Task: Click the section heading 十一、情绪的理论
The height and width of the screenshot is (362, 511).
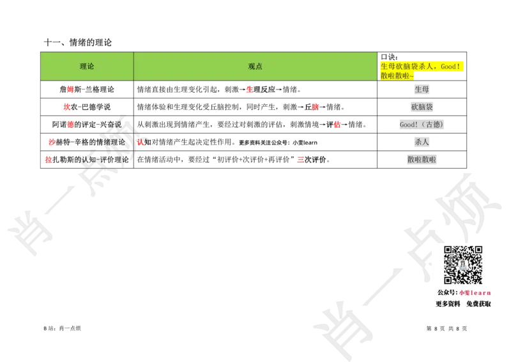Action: [x=77, y=42]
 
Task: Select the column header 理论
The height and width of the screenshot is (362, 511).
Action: [x=87, y=67]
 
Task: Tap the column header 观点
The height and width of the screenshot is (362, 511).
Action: [x=255, y=67]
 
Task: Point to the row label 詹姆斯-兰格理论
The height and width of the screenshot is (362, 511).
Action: [x=87, y=89]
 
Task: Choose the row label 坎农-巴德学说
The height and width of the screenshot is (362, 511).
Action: [x=87, y=107]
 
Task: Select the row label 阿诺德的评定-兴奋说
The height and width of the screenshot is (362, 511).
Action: [x=87, y=124]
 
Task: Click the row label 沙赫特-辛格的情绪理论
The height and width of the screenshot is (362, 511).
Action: [x=87, y=142]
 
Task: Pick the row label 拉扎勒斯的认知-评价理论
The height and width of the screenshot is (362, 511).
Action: [x=87, y=160]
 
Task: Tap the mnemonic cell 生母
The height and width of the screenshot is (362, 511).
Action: [x=422, y=89]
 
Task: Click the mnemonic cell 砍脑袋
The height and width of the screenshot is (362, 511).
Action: [x=422, y=107]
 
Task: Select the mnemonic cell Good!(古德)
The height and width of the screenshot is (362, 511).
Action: [x=422, y=124]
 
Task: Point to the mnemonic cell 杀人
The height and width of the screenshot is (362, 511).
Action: [x=422, y=142]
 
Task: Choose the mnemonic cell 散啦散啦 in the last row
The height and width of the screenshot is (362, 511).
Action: [x=422, y=160]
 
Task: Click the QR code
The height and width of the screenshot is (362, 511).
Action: [x=462, y=265]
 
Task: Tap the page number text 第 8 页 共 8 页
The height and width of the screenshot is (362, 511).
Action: [x=446, y=328]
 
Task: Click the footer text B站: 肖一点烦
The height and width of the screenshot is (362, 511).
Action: [x=62, y=328]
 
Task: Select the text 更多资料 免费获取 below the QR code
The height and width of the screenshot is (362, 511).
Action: [x=463, y=304]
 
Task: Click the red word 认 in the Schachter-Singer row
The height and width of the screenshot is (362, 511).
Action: [x=141, y=142]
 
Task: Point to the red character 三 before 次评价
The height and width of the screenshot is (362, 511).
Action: [x=300, y=160]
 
